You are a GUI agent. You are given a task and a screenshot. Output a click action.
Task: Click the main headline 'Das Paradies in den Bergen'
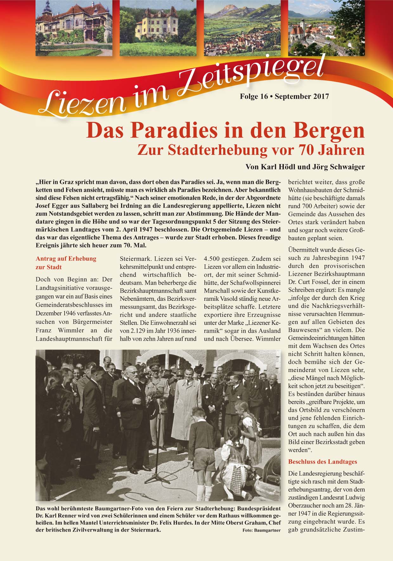coord(225,130)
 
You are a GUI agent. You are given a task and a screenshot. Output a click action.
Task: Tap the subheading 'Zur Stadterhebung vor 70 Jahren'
coord(251,150)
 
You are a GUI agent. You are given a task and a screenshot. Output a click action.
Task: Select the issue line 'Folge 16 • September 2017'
coord(284,97)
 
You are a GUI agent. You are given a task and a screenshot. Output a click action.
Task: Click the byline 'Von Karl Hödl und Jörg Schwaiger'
coord(305,167)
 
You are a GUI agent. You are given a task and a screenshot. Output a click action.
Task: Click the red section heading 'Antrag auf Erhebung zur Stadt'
coord(66,263)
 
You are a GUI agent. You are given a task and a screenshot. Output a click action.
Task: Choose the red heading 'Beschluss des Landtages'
coord(322,462)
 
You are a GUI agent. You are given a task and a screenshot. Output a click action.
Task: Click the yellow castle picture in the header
coord(158,28)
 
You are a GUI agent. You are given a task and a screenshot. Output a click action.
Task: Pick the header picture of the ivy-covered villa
coord(74,28)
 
